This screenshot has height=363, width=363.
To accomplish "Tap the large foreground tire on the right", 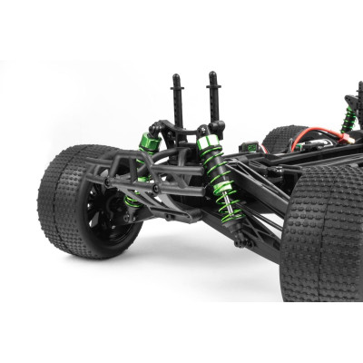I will pos(322,236).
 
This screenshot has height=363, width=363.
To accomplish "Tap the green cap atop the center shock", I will pos(208,143).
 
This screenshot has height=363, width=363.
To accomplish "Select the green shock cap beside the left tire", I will pos(148,142).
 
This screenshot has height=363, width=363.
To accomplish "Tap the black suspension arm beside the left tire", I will pos(154,195).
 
